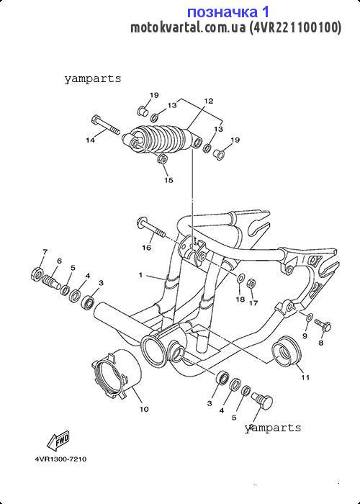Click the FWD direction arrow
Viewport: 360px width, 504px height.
coord(58,441)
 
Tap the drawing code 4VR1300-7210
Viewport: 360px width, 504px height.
coord(60,459)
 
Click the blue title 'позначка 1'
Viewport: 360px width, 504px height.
coord(228,12)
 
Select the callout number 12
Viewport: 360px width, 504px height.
coord(208,101)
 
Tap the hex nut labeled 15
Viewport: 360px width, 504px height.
coord(162,159)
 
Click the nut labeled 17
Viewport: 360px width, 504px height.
coord(251,284)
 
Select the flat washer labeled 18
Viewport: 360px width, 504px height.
coord(240,277)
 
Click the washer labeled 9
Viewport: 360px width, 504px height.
coord(310,318)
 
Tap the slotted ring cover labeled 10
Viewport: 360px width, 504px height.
coord(117,374)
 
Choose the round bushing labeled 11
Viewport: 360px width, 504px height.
coord(286,351)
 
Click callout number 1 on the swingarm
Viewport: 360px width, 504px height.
coord(140,275)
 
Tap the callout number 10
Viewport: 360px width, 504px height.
coord(144,409)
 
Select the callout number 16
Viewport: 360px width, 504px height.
coord(147,248)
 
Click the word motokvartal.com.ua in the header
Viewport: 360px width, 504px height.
coord(188,28)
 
